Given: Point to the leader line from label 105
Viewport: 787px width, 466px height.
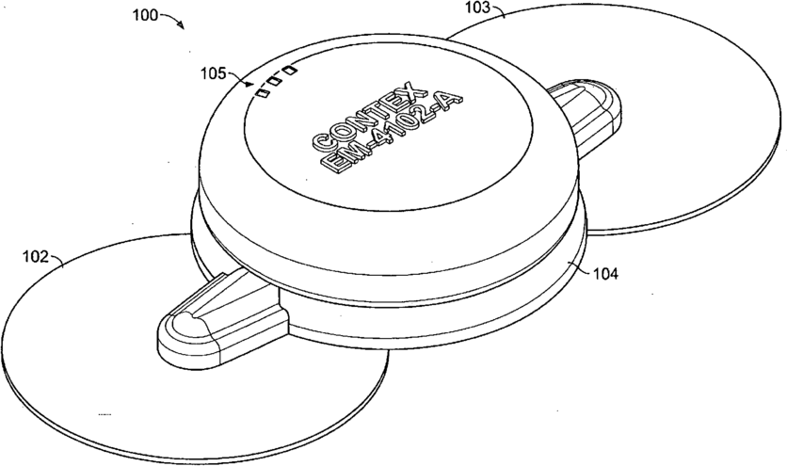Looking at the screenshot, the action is pyautogui.click(x=241, y=79).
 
